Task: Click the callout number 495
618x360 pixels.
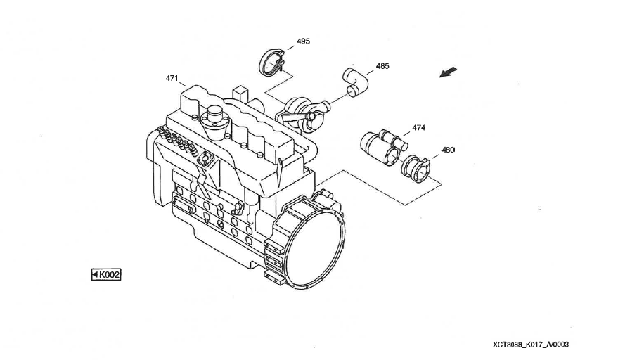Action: point(303,41)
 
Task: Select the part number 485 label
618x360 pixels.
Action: point(382,66)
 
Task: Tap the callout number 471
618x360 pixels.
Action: point(172,78)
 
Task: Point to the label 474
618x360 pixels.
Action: point(419,128)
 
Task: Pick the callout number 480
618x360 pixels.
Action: point(448,150)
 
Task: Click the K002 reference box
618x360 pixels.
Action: point(106,274)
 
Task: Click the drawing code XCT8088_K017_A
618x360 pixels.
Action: point(530,345)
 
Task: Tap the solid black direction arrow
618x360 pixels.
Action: point(449,72)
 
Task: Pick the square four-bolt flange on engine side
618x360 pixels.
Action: point(206,160)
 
